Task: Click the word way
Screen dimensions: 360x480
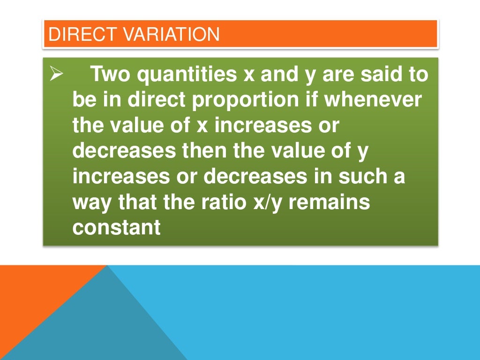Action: pyautogui.click(x=91, y=203)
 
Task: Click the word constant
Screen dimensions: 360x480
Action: pyautogui.click(x=117, y=228)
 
